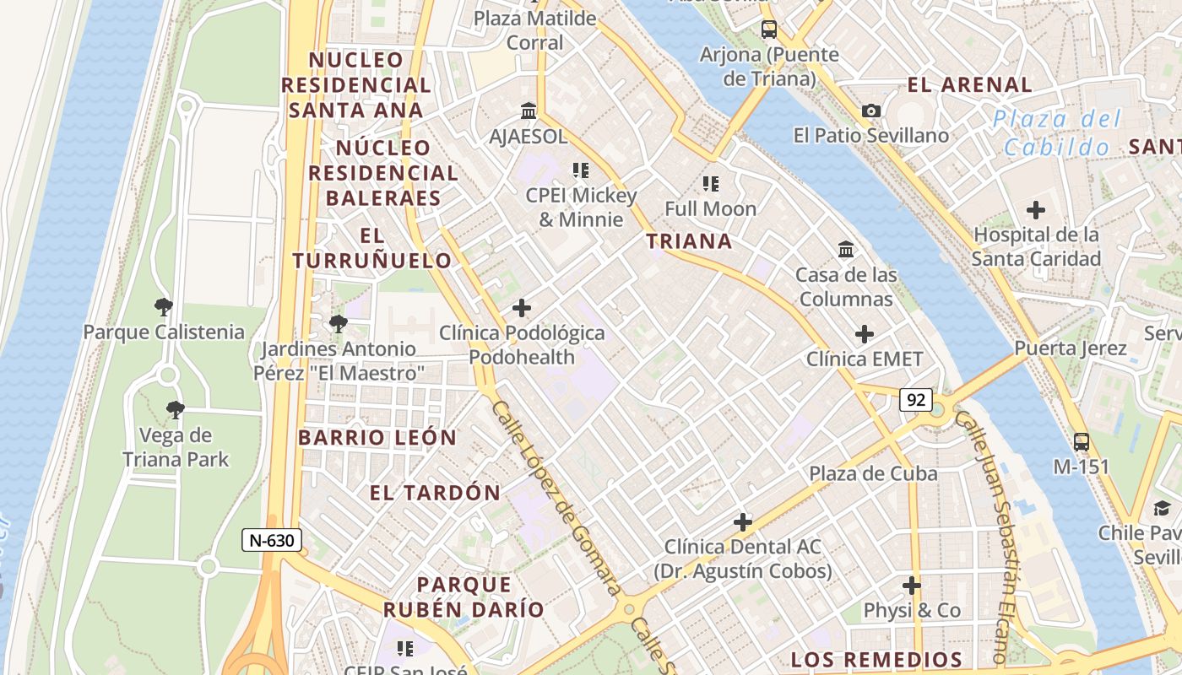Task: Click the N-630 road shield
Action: (x=272, y=540)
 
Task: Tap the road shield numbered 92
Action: (x=915, y=399)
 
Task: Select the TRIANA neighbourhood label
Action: (x=689, y=241)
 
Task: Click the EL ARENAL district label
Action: (x=969, y=84)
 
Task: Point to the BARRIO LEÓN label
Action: (x=377, y=438)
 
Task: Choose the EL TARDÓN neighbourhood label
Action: (x=435, y=493)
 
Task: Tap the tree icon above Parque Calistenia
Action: (x=164, y=307)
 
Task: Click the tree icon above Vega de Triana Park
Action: (x=175, y=411)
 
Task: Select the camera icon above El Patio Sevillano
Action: (x=871, y=111)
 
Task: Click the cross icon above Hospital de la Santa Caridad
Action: (x=1036, y=210)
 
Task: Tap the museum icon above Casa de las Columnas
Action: (x=846, y=249)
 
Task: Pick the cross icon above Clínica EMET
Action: (x=865, y=334)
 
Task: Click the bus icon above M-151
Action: (x=1081, y=441)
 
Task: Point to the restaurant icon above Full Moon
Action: (x=711, y=183)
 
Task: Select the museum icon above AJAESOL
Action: (x=529, y=111)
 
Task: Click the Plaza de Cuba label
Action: (x=873, y=473)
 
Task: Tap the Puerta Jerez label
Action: (x=1071, y=348)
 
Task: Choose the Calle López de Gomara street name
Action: (x=556, y=498)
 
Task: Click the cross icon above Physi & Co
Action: (x=912, y=585)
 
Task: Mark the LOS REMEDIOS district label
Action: (x=876, y=660)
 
